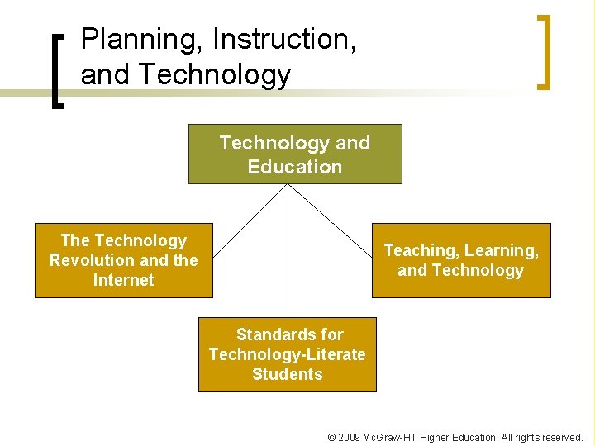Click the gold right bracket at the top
(543, 51)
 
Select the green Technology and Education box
(295, 154)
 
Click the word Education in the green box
(295, 167)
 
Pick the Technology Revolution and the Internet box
(123, 260)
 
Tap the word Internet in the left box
(123, 280)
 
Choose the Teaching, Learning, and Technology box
(460, 260)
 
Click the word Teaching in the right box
(421, 250)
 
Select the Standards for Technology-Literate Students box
(287, 354)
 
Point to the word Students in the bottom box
(287, 374)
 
